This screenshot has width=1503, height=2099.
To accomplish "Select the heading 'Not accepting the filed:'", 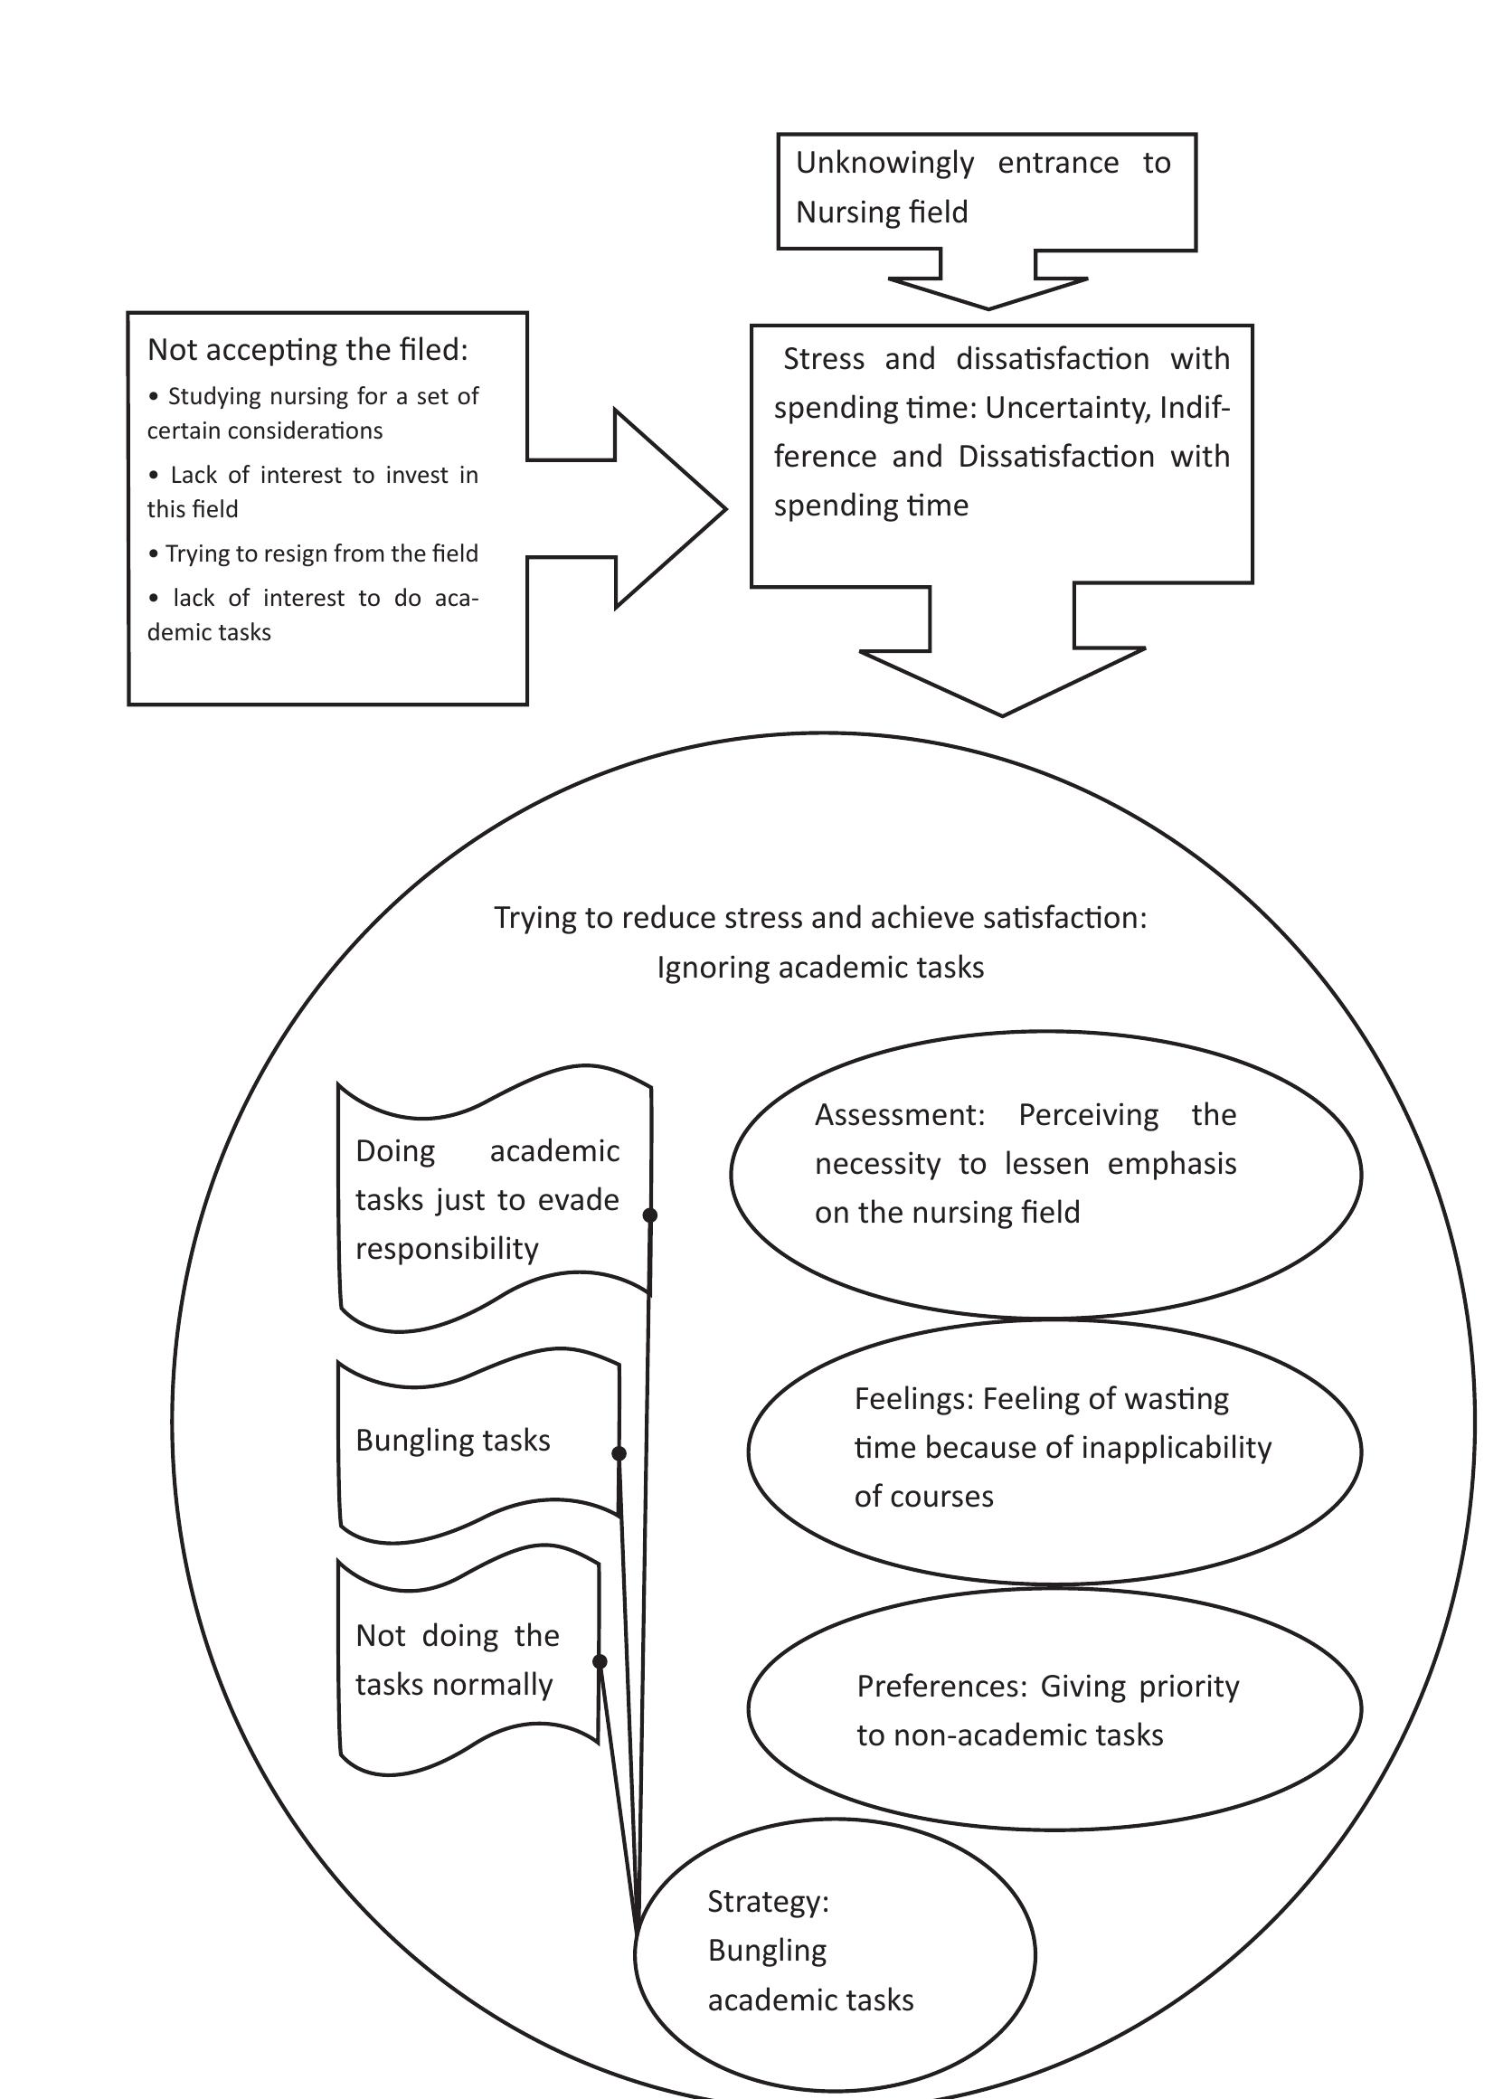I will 307,350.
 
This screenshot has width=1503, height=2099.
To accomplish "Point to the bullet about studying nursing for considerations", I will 313,412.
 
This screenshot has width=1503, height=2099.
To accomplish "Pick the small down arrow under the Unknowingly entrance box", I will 988,287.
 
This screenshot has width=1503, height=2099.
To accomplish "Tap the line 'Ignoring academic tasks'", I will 820,967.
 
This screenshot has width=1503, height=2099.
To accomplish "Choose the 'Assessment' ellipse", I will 1045,1174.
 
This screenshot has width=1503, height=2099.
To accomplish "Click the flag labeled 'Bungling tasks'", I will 452,1440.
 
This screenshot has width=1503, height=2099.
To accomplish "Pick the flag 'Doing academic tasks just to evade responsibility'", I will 487,1199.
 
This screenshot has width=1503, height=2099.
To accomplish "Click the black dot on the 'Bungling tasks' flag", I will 619,1453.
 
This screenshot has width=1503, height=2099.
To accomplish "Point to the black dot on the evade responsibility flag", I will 649,1215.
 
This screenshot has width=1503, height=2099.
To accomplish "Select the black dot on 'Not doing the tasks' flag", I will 599,1661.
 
